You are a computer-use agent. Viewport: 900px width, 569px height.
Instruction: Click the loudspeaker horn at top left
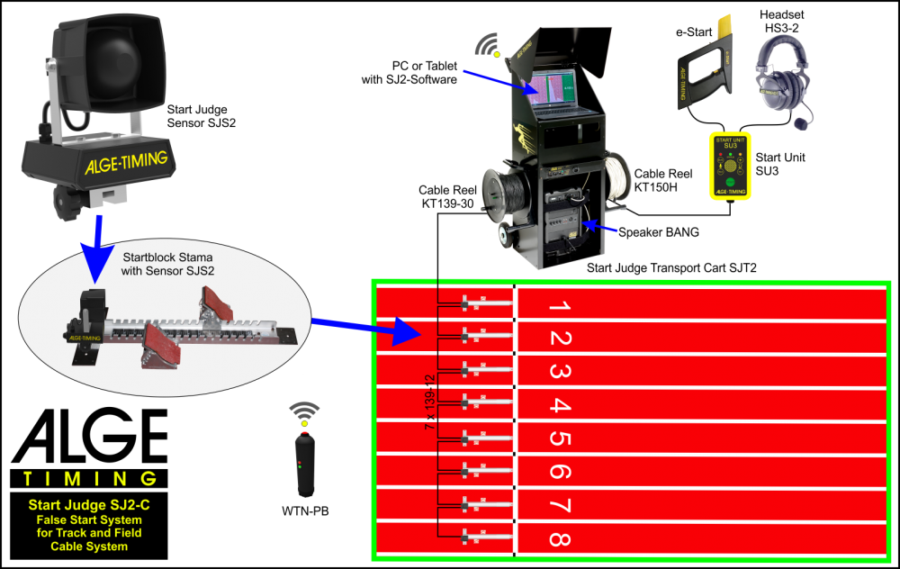pos(109,64)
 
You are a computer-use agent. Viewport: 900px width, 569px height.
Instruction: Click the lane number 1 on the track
pos(559,306)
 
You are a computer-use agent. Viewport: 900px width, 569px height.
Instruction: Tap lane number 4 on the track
pos(559,405)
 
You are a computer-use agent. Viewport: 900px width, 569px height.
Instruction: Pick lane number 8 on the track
pos(559,538)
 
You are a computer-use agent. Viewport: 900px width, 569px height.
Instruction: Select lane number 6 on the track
pos(559,472)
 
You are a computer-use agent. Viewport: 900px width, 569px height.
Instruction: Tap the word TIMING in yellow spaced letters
pos(90,479)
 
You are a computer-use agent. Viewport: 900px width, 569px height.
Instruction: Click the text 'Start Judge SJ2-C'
pos(89,506)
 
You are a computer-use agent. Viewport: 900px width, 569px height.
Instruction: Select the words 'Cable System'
pos(89,546)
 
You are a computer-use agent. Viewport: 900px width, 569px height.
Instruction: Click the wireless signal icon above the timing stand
pos(490,44)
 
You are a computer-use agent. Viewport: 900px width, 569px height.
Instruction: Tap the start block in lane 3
pos(485,371)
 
